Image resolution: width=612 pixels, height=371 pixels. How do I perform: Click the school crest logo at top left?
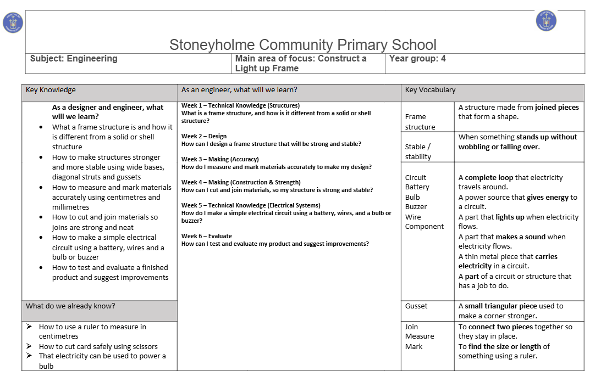pyautogui.click(x=13, y=23)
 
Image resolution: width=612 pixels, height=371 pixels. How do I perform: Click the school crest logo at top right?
pyautogui.click(x=545, y=21)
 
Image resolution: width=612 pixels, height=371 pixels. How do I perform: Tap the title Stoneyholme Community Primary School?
pyautogui.click(x=302, y=44)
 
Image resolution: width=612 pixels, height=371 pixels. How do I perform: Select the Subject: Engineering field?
pyautogui.click(x=74, y=58)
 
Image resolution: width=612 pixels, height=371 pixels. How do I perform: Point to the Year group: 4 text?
pyautogui.click(x=417, y=58)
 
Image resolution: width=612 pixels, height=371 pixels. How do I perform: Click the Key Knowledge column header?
pyautogui.click(x=51, y=90)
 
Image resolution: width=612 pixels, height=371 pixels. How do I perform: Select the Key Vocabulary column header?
pyautogui.click(x=430, y=90)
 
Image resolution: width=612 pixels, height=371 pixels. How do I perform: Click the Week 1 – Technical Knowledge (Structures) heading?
pyautogui.click(x=240, y=105)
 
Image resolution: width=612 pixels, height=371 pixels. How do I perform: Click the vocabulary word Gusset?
pyautogui.click(x=416, y=306)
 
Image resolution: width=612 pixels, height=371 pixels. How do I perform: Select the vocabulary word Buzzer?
pyautogui.click(x=416, y=207)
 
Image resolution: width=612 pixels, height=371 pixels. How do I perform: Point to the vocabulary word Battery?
pyautogui.click(x=417, y=187)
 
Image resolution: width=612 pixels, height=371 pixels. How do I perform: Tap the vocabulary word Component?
pyautogui.click(x=424, y=227)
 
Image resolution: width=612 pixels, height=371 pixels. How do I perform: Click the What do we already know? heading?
pyautogui.click(x=70, y=306)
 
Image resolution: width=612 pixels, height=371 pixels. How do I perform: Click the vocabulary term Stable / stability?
pyautogui.click(x=418, y=151)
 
